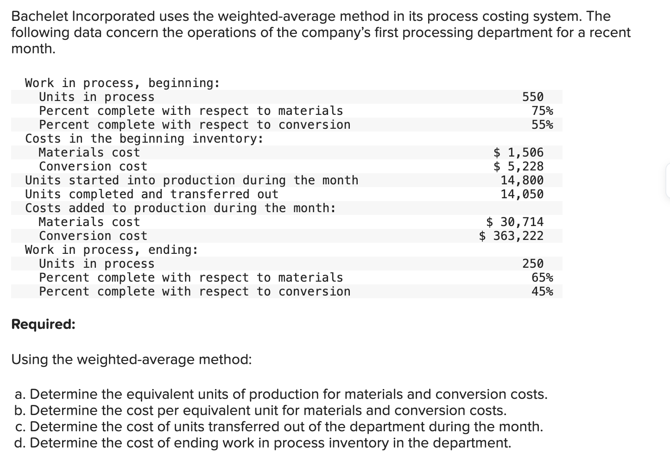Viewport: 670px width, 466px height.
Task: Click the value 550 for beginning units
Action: pos(533,97)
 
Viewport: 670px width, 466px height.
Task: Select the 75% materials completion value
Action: pos(542,111)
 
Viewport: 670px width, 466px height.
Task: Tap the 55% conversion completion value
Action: pos(542,125)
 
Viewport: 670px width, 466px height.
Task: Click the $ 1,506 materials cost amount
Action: pos(518,152)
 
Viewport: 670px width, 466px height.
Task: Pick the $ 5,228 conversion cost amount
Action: pos(518,166)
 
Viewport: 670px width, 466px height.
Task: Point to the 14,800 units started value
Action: pos(522,180)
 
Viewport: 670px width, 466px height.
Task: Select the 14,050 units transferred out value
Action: pos(522,194)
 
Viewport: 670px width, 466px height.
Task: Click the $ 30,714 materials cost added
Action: pos(515,222)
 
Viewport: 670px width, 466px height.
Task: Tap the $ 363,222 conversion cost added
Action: pos(511,236)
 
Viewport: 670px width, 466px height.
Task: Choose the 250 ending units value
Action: pos(533,264)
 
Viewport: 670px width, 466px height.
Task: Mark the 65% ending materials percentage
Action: pos(542,277)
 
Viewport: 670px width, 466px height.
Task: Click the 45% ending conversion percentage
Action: pos(542,291)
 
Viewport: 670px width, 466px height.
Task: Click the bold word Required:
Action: pos(43,324)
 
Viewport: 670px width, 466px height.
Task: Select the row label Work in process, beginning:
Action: pos(122,83)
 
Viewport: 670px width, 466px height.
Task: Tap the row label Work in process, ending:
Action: pos(112,250)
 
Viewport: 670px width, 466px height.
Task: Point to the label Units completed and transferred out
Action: pos(152,194)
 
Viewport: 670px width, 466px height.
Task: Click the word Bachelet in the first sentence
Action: pos(40,17)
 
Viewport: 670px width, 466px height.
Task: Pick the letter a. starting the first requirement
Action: pos(20,394)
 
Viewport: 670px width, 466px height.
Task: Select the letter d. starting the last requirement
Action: pos(20,443)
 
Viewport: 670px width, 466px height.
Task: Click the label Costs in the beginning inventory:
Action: pos(144,139)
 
